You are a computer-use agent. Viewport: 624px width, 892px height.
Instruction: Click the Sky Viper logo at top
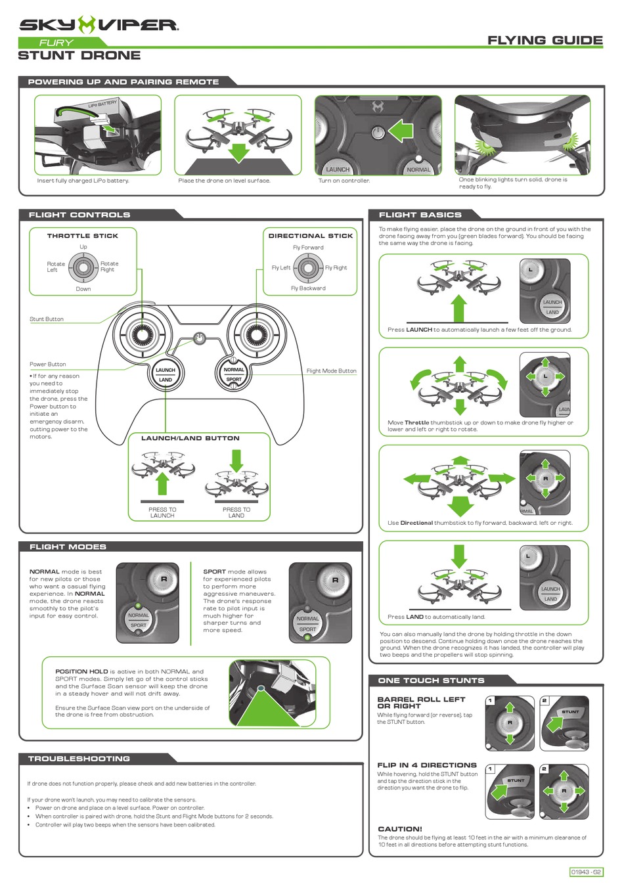99,25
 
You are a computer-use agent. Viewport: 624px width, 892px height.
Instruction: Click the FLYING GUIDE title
545,40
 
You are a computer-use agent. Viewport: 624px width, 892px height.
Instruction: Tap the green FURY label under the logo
56,43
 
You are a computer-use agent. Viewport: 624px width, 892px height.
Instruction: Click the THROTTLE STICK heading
83,235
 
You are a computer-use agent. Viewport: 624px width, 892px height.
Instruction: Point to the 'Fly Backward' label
308,288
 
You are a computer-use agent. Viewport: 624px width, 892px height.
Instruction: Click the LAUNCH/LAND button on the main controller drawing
166,374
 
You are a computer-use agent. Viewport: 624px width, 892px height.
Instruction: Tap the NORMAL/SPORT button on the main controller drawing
234,374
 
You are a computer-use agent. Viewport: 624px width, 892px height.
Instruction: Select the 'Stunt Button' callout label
47,319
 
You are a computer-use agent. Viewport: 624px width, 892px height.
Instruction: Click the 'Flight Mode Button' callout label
331,370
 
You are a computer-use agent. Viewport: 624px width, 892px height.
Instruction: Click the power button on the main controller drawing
200,338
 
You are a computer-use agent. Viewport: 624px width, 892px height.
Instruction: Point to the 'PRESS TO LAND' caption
236,512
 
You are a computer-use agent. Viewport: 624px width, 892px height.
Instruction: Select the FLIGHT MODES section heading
68,546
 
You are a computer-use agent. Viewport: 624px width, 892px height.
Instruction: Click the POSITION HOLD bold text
81,671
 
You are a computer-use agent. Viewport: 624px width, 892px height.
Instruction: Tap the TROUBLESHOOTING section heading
79,758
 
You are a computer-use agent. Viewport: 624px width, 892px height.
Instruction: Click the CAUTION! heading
400,828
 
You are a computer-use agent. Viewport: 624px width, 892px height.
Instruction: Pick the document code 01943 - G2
586,872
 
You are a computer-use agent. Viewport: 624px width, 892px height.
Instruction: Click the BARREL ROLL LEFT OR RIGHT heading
421,702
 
